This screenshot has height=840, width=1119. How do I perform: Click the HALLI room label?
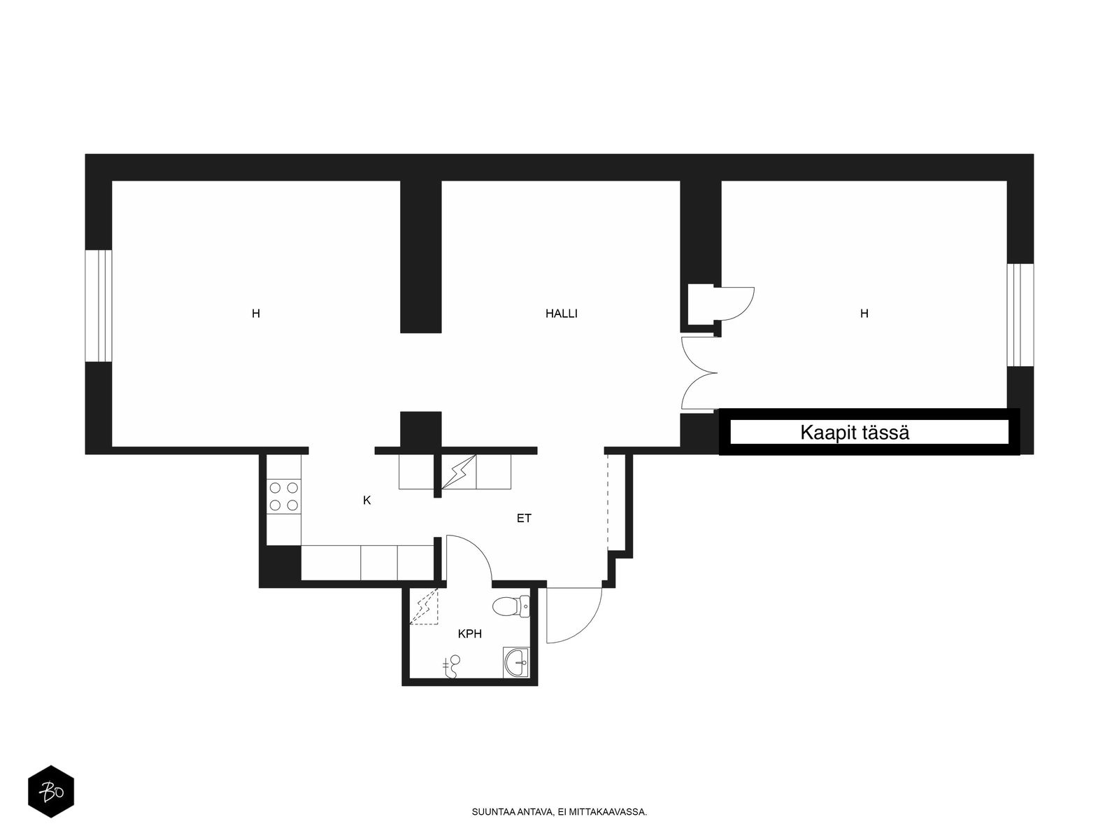click(x=561, y=314)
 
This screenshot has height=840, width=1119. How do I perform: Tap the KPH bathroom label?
click(x=469, y=634)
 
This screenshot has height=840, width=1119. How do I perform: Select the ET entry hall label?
click(x=524, y=518)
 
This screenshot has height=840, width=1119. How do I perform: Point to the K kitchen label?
click(x=366, y=500)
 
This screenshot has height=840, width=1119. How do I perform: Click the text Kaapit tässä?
click(x=855, y=433)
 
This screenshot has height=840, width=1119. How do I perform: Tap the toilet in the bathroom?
click(x=511, y=606)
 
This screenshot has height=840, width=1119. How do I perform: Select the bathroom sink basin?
click(x=516, y=662)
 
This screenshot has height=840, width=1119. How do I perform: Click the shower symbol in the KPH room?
click(x=451, y=666)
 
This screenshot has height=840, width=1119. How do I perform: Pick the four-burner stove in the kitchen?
click(x=283, y=497)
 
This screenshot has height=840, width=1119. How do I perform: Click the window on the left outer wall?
click(x=99, y=306)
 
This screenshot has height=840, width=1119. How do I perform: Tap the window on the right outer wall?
click(x=1020, y=315)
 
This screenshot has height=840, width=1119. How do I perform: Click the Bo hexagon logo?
click(x=51, y=791)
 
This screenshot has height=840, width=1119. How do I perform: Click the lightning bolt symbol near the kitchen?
click(x=458, y=472)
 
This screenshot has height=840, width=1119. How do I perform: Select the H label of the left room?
click(x=256, y=314)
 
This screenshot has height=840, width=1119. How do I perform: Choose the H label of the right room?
click(x=864, y=314)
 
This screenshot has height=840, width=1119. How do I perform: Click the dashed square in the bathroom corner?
click(x=424, y=606)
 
